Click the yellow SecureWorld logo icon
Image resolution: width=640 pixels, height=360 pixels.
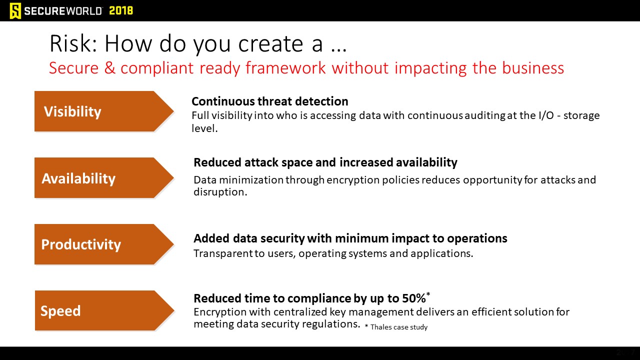pos(15,11)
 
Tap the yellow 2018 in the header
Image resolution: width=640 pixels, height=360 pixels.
pos(121,11)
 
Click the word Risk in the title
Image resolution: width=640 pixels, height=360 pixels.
pos(73,43)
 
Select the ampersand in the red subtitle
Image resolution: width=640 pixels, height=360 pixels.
pos(109,68)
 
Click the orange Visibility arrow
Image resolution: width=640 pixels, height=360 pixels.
pos(104,111)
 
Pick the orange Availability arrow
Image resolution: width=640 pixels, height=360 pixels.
pos(104,177)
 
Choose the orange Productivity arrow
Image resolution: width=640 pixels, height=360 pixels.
pos(104,244)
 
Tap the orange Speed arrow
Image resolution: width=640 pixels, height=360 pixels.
pos(104,310)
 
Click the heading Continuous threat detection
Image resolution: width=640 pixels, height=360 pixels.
pos(269,101)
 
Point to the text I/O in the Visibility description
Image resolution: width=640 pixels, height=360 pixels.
pos(546,115)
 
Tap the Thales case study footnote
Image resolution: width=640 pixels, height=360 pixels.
pos(396,327)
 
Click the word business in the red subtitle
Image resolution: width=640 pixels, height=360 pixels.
pos(533,68)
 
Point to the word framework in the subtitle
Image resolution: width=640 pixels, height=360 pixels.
pos(285,68)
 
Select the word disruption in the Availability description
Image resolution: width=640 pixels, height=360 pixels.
pos(220,192)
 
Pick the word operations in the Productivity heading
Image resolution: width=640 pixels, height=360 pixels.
pos(477,238)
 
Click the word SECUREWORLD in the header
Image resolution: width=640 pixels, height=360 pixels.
pos(63,11)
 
